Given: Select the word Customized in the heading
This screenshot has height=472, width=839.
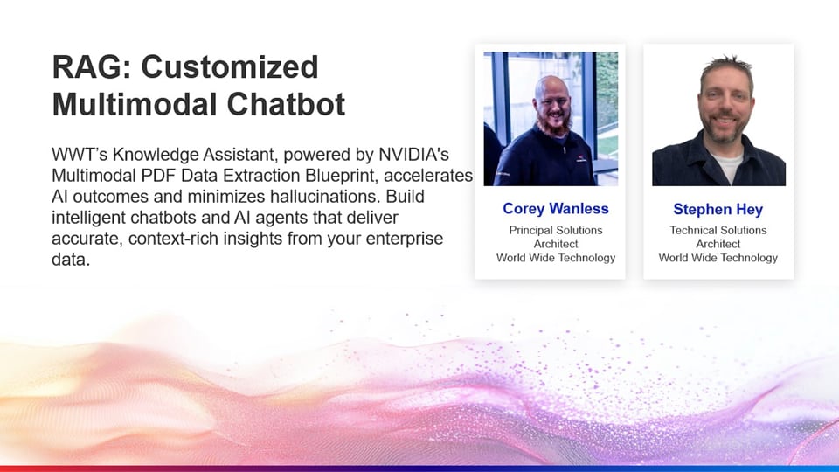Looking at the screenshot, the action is [x=230, y=67].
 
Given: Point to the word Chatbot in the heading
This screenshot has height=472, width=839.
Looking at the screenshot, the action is [x=287, y=104].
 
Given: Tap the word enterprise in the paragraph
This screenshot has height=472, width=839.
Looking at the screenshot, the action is [x=405, y=238].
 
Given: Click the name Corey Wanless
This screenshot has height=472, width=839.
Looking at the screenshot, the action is [x=556, y=209].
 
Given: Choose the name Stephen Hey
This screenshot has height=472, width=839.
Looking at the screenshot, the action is [x=718, y=209].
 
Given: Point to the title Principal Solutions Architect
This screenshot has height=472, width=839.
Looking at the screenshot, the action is [x=556, y=237].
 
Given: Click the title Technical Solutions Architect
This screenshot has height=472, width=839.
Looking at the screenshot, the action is [x=718, y=237].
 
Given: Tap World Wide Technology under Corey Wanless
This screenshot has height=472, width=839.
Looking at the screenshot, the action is [x=556, y=258].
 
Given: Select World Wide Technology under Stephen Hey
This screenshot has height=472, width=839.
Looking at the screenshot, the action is [x=718, y=258].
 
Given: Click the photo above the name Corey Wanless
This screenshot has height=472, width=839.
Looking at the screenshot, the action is [x=551, y=119].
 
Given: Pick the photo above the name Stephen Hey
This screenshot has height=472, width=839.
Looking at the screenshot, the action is [x=718, y=119].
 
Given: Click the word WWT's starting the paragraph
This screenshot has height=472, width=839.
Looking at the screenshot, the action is [x=80, y=155].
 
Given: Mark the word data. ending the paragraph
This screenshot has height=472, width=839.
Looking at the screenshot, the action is [x=71, y=260].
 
